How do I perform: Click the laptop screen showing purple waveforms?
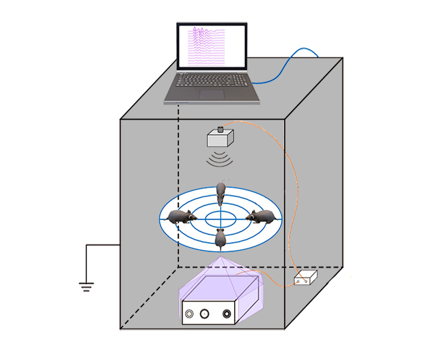coord(211,47)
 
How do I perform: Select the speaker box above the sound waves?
coord(220,138)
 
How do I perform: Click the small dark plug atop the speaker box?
coord(220,130)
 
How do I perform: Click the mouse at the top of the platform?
coord(220,194)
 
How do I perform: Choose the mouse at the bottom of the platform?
coord(220,238)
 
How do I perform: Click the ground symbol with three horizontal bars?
coord(86,286)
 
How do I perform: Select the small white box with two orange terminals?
coord(305,278)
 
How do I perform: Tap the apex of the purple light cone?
coord(220,256)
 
